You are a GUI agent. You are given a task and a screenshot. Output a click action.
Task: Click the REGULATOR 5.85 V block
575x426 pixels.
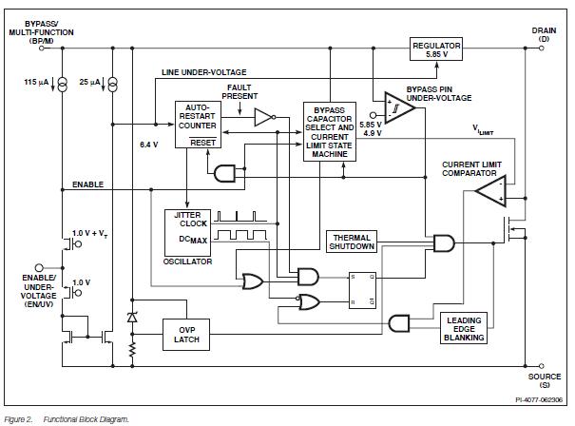click(x=437, y=49)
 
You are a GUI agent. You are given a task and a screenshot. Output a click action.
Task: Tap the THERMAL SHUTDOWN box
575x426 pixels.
click(x=352, y=242)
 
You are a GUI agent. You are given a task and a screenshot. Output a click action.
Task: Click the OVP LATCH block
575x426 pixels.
click(x=186, y=334)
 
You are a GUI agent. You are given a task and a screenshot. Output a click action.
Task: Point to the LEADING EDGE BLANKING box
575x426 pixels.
click(x=464, y=328)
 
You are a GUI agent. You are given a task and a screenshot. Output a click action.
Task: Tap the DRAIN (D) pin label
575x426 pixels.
click(x=544, y=35)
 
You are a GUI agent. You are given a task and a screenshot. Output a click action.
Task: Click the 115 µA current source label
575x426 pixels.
click(x=36, y=83)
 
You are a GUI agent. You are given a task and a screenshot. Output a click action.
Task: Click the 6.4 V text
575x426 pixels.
click(x=148, y=145)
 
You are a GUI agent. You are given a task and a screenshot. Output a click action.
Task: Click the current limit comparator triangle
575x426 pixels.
click(x=489, y=195)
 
